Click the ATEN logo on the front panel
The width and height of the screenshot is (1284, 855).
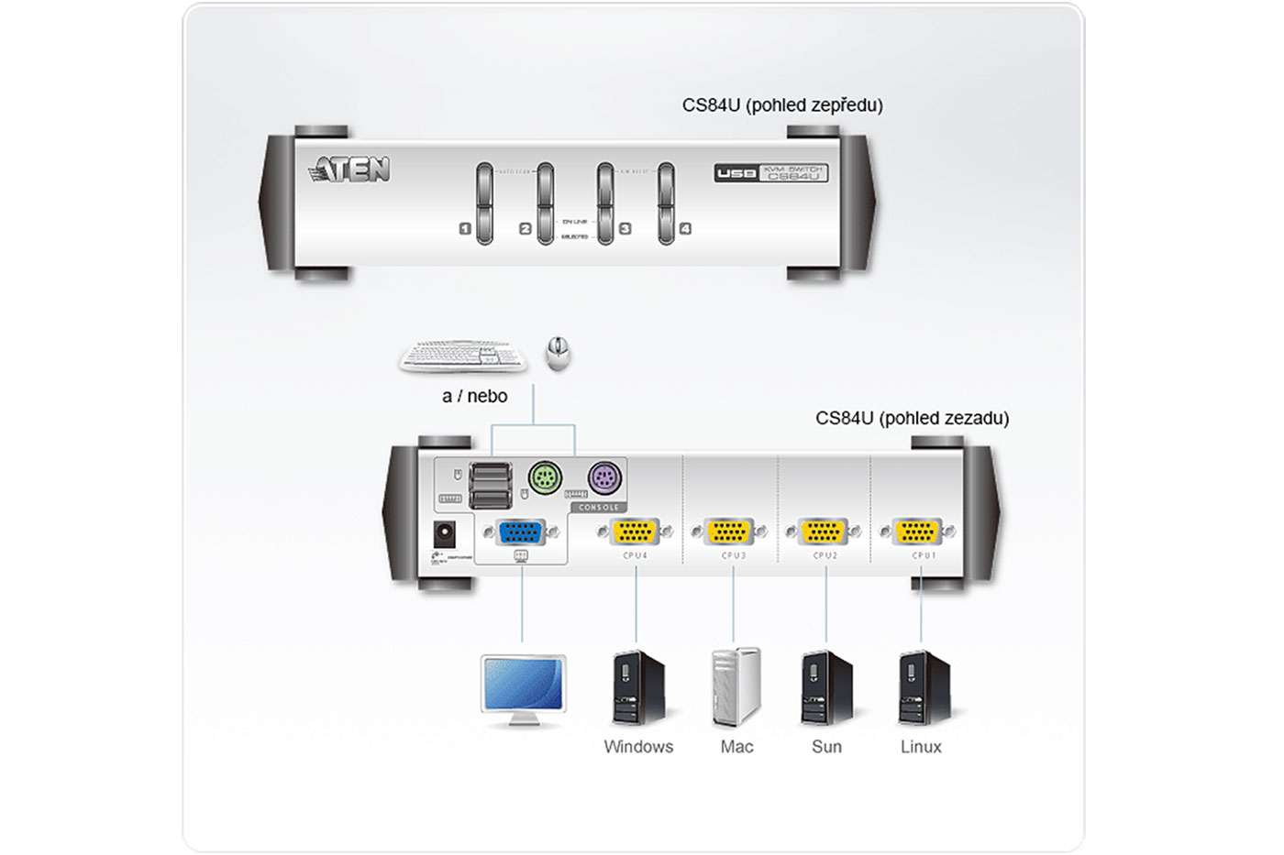(x=350, y=170)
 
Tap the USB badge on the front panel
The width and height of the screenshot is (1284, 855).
(x=736, y=173)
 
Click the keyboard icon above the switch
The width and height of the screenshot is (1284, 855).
(x=463, y=356)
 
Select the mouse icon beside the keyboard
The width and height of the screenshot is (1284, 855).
(x=558, y=353)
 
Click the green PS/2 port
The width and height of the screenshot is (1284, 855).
(x=545, y=477)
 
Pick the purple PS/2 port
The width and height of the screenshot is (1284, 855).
(x=604, y=477)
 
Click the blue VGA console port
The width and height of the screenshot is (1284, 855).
(x=520, y=532)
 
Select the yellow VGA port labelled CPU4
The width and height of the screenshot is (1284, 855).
(x=635, y=532)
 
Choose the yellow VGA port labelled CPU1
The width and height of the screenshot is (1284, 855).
(x=917, y=532)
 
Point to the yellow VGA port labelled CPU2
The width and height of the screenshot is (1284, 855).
(x=823, y=532)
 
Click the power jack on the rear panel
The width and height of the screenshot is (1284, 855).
(x=445, y=533)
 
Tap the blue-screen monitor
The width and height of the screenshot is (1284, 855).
(x=523, y=688)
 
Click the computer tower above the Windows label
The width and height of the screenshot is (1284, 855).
(x=638, y=687)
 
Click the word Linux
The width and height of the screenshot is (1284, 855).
(x=921, y=747)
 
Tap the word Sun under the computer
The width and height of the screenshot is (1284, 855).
(x=826, y=747)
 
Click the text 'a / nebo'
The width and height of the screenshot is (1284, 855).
(x=474, y=396)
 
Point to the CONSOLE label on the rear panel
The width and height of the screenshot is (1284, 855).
(x=599, y=507)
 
